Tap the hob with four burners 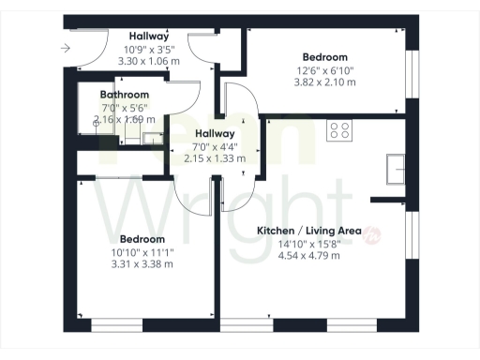[338, 131]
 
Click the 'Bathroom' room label [125, 96]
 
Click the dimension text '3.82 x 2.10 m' [325, 82]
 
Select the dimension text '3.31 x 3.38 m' [142, 264]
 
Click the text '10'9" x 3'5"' [149, 49]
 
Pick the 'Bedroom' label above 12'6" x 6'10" [325, 57]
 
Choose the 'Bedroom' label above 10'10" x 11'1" [142, 239]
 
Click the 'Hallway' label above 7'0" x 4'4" [214, 133]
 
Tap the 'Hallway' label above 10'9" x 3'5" [149, 36]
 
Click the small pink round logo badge [371, 234]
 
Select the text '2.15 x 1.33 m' [214, 158]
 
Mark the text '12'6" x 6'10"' [325, 70]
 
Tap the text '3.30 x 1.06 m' [149, 61]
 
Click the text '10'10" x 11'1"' [142, 252]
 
